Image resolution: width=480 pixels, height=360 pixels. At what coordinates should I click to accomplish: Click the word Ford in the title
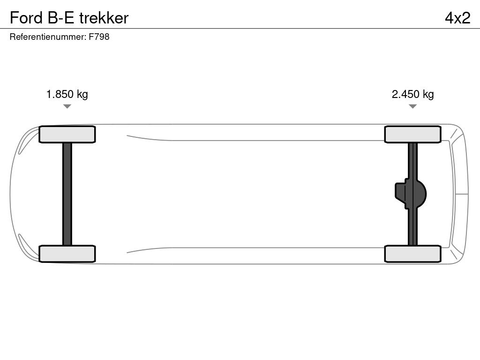pos(26,18)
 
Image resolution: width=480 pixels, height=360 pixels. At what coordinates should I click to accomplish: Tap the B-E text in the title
pos(61,18)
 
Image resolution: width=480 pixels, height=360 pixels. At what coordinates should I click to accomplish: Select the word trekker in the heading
pos(104,18)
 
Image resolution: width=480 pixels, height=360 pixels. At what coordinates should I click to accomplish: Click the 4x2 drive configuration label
pos(457,18)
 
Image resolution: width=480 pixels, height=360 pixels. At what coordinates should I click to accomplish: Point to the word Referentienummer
pos(48,37)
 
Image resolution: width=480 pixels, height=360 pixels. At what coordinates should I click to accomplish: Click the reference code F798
pos(99,37)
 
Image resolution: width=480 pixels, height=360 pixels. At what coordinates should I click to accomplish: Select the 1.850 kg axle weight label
pos(67,94)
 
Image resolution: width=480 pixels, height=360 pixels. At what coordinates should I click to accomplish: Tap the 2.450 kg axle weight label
pos(412,94)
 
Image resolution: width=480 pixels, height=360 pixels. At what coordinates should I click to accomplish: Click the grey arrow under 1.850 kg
pos(67,106)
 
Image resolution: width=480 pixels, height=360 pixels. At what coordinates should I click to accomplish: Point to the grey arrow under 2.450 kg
pos(412,106)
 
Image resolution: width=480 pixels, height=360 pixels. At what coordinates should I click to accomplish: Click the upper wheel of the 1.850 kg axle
pos(67,135)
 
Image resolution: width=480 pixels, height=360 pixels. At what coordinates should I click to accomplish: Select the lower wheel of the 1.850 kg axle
pos(67,254)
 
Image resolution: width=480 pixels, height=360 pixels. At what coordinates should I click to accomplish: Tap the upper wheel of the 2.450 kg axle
pos(412,135)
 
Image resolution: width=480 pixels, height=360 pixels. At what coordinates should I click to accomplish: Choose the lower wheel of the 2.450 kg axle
pos(412,254)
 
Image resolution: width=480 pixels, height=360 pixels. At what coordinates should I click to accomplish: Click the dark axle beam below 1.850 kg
pos(67,194)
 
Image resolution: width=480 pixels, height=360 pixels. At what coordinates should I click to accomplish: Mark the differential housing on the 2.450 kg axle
pos(411,194)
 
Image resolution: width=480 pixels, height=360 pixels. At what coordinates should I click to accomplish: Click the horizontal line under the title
pos(240,29)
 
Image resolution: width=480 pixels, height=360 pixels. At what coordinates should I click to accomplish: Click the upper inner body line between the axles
pos(255,140)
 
